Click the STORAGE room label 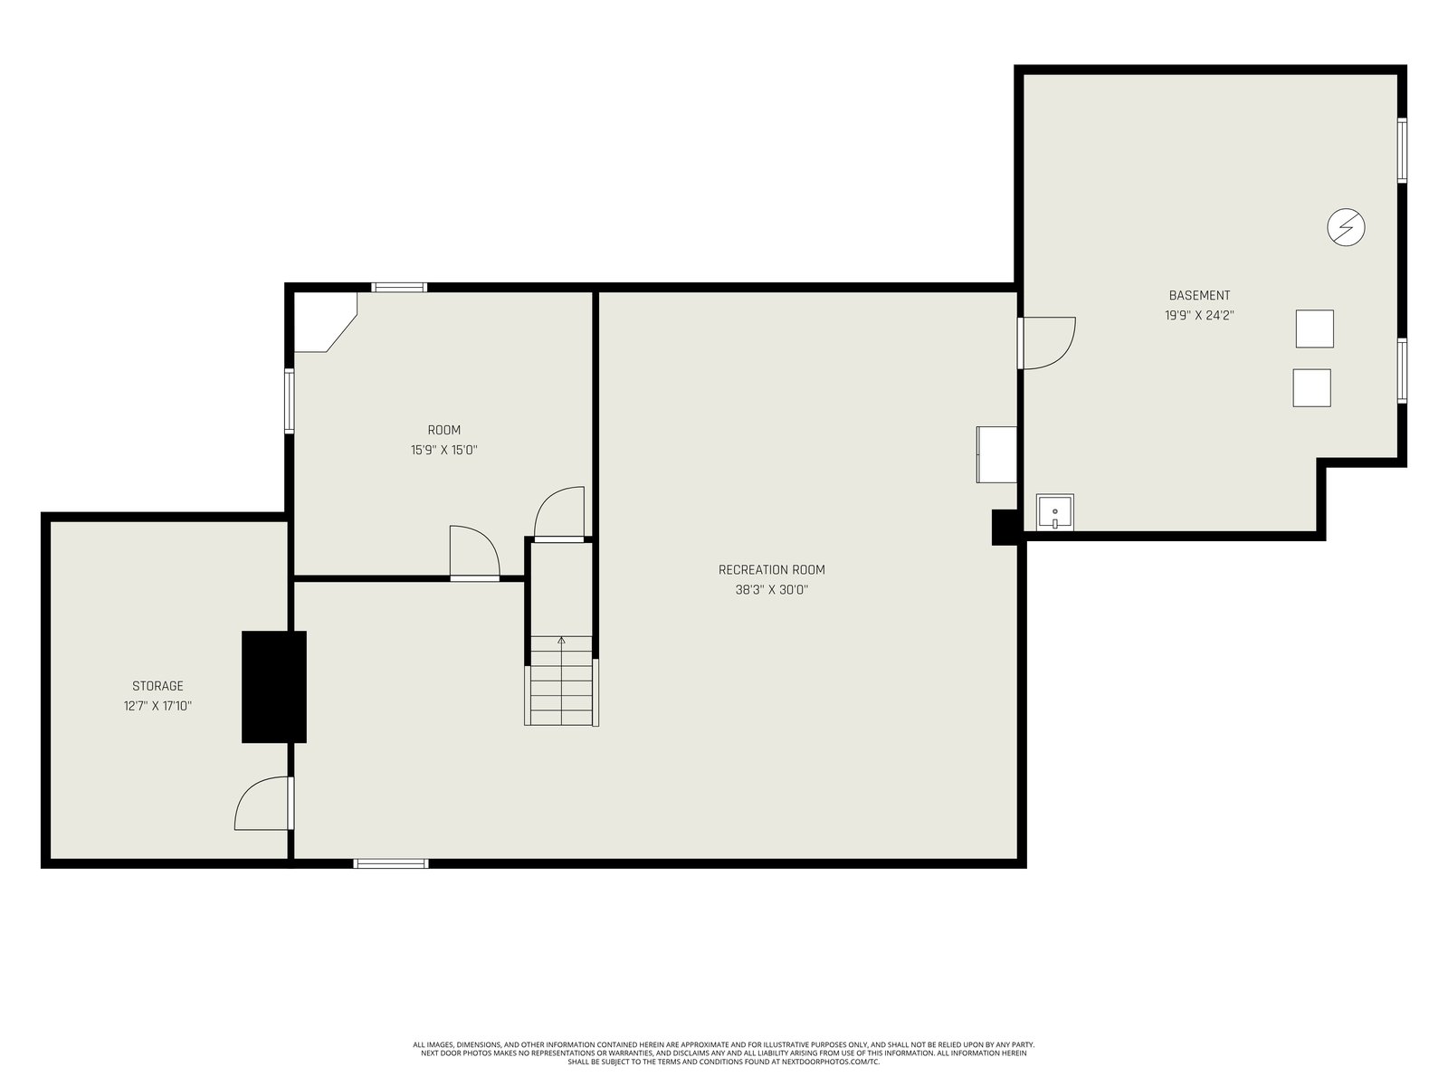point(157,686)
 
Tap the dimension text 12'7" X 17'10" point(157,706)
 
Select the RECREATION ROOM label point(771,570)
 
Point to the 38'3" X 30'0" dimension point(771,590)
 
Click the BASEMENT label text point(1199,295)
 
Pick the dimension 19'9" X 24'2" point(1199,316)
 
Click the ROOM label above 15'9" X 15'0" point(444,430)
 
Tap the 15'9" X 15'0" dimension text point(444,451)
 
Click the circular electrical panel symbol point(1346,227)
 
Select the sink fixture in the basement point(1055,512)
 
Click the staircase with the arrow point(561,681)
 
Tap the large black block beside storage point(274,687)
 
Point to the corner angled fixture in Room point(325,322)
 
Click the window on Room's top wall point(398,288)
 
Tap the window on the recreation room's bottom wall point(391,863)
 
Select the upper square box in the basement point(1314,329)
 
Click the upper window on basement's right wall point(1402,150)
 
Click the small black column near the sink point(1005,528)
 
